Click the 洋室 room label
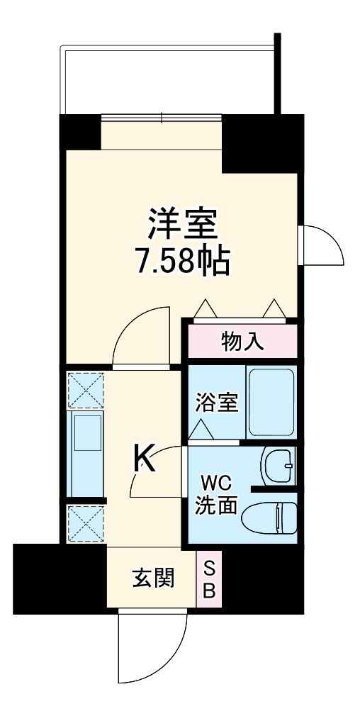coord(181,225)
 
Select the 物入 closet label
coord(242,342)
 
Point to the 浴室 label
coord(216,402)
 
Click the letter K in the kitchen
coord(145,459)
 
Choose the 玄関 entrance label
coord(152,579)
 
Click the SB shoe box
coord(209,578)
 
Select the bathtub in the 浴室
coord(271,402)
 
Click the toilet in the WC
coord(269,518)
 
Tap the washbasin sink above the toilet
coord(278,466)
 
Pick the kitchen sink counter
coord(85,454)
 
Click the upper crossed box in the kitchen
coord(85,389)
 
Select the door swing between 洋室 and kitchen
coord(142,337)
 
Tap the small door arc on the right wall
coord(321,245)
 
